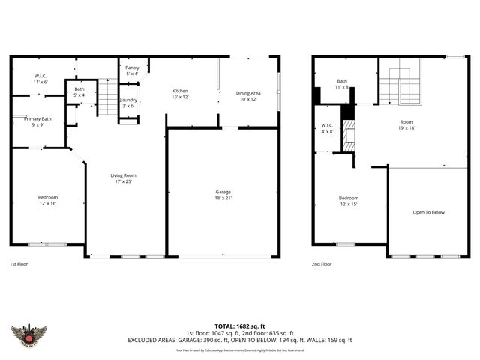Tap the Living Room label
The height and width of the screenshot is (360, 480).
124,178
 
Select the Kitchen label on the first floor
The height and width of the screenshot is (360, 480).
180,93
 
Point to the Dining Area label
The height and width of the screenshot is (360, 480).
249,95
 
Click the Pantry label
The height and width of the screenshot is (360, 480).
132,70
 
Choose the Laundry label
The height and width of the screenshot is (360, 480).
127,103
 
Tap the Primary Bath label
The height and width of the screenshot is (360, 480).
37,121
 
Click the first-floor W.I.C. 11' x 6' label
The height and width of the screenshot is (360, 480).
40,79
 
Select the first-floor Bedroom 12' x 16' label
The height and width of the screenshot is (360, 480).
47,200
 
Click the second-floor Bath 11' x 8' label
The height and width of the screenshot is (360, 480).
342,84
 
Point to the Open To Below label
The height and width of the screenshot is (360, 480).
428,212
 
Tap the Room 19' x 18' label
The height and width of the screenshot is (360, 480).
406,124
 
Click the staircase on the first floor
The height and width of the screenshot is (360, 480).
109,97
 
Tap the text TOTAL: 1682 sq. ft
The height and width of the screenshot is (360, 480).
239,326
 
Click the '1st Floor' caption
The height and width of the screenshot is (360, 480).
19,264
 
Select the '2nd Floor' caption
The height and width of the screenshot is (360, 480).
321,264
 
